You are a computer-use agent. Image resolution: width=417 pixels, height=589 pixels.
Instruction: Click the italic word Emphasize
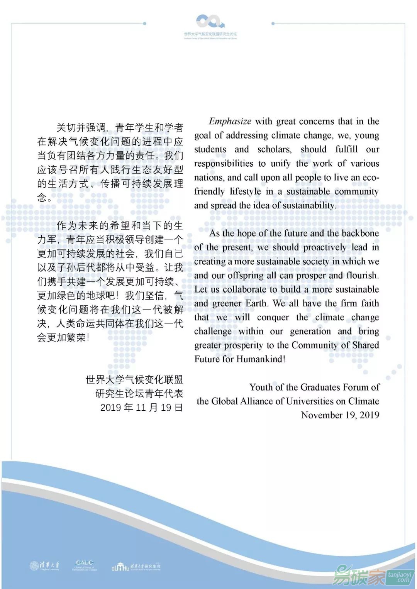pos(230,122)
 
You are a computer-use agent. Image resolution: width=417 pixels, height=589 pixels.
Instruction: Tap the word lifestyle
pos(245,191)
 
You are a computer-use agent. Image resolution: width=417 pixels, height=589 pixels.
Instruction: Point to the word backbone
pos(360,233)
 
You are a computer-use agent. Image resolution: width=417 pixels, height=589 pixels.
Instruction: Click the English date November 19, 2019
pos(340,415)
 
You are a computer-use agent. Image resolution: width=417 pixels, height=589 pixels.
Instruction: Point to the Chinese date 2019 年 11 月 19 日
pos(141,408)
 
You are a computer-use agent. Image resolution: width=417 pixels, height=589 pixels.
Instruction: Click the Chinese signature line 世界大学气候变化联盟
pos(134,380)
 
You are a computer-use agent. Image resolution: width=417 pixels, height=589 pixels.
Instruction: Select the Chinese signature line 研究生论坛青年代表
pos(139,394)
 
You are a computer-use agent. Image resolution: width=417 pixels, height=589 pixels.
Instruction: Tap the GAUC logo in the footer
pos(85,566)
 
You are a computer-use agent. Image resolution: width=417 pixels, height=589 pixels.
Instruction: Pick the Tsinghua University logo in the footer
pos(45,566)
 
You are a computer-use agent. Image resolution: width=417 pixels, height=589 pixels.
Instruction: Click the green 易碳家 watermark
pos(359,575)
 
